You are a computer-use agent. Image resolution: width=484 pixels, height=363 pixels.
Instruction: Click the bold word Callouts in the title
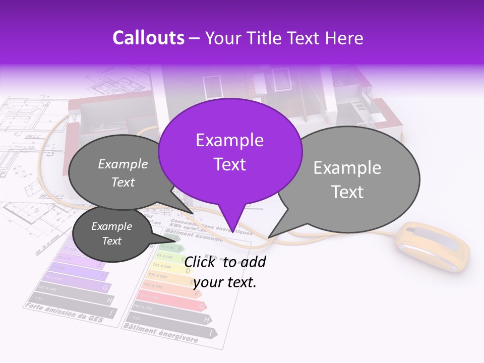[148, 38]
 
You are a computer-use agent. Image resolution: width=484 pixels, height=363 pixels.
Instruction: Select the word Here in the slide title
[344, 38]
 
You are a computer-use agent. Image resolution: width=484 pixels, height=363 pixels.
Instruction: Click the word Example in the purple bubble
[229, 140]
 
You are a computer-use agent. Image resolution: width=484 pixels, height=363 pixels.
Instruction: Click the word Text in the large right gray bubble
[348, 192]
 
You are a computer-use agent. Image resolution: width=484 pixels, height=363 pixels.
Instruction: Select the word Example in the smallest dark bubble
[111, 226]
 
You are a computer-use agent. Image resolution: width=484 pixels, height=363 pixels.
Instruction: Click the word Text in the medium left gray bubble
[123, 182]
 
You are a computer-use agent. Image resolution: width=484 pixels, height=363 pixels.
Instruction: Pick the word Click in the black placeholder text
[201, 262]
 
